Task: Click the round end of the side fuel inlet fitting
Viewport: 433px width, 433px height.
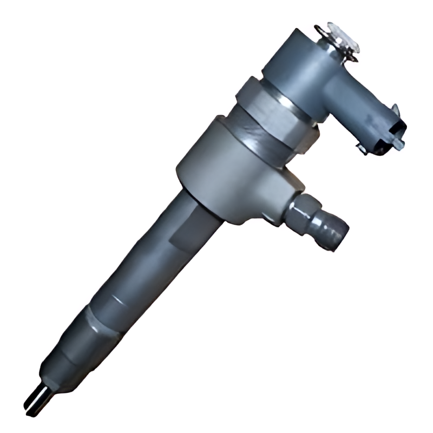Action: [x=336, y=235]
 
